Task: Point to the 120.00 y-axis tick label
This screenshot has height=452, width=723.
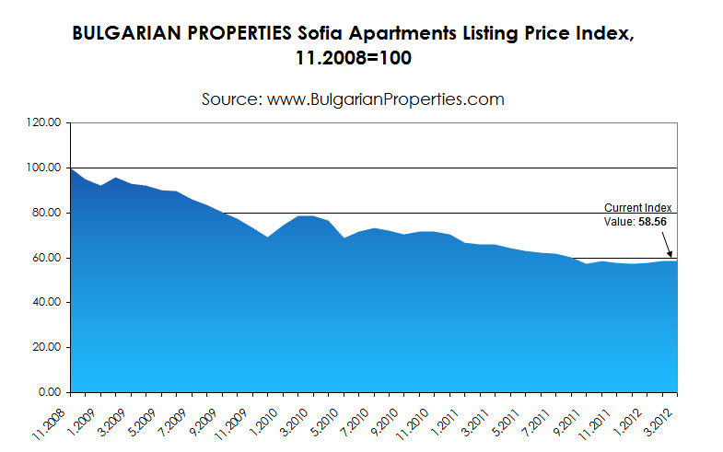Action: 43,122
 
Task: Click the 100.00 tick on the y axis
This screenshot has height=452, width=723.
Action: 43,168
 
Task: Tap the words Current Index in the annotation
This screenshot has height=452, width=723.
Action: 638,208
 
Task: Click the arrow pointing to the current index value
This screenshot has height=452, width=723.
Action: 666,243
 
